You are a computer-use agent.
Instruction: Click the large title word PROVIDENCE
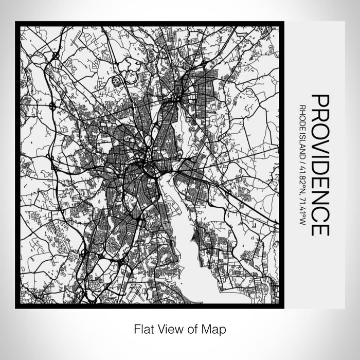coord(320,165)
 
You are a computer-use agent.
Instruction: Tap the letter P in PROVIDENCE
coord(320,100)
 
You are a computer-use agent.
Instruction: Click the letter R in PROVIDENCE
coord(320,114)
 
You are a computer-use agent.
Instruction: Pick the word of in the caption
coord(192,328)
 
